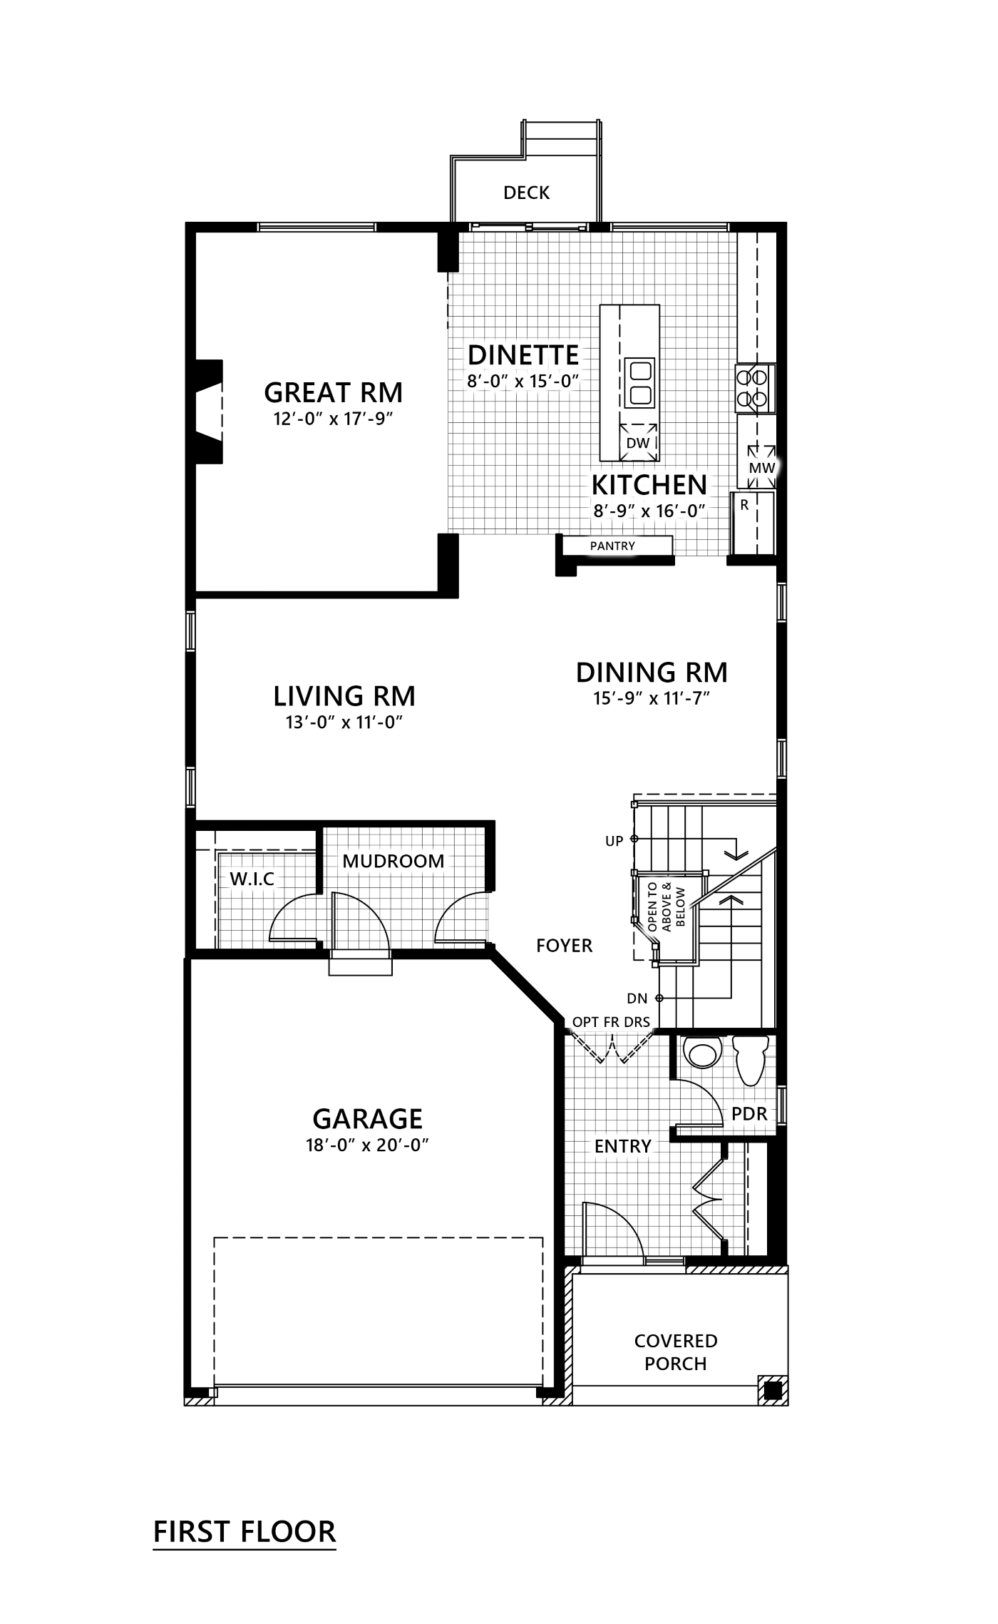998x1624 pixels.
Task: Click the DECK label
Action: [526, 193]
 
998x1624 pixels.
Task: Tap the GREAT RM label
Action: [333, 392]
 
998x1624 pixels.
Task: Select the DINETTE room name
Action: [523, 354]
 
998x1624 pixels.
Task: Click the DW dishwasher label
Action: [637, 443]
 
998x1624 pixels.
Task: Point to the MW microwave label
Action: [761, 469]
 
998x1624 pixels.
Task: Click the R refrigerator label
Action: [744, 506]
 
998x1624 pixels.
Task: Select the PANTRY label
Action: [612, 546]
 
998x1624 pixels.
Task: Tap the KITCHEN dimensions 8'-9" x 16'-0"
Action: [649, 511]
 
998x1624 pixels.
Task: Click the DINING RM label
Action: [652, 672]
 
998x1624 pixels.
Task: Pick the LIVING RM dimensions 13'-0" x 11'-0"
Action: [344, 722]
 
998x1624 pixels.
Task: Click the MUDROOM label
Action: [393, 861]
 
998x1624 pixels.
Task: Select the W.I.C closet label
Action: [252, 879]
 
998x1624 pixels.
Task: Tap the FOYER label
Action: [564, 946]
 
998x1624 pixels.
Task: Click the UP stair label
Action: [614, 841]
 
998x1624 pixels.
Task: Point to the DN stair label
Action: [637, 999]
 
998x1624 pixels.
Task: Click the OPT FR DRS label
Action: [611, 1022]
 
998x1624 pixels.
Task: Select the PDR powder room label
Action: [748, 1113]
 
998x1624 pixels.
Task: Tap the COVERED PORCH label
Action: [675, 1352]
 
